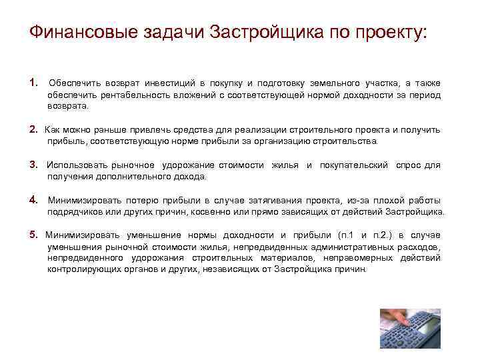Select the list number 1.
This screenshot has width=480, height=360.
[33, 83]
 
